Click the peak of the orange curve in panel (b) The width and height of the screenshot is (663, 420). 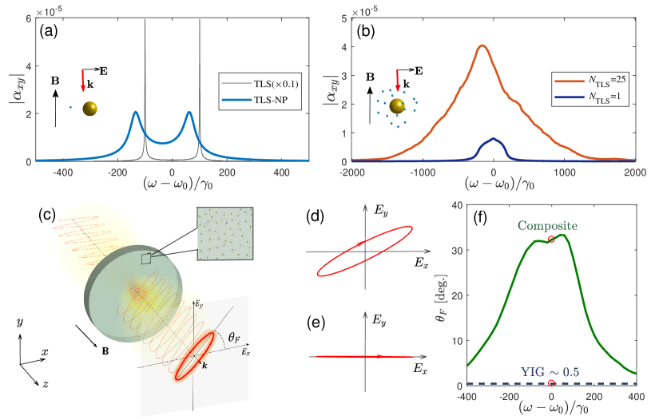point(482,46)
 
